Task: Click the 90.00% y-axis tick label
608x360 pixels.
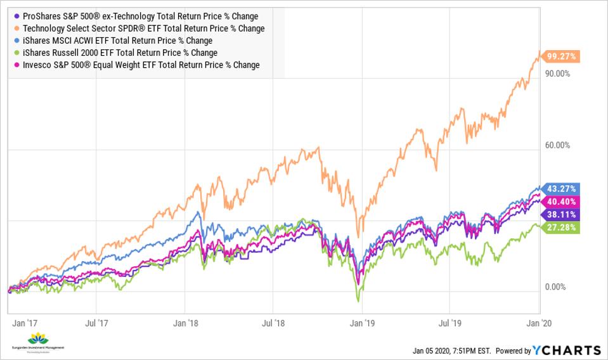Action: (559, 74)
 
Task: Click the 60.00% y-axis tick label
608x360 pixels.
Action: (559, 145)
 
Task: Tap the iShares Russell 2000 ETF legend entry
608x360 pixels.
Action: (120, 53)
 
